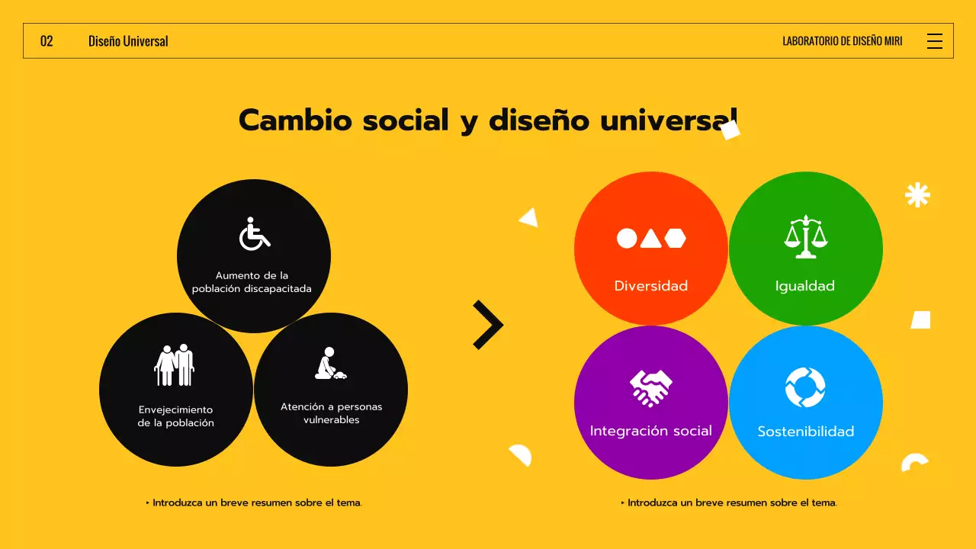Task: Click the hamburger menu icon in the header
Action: [934, 41]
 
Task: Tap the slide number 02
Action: [47, 41]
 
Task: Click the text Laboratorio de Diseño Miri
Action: [842, 41]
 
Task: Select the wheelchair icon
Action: [255, 234]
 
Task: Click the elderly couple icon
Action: [175, 365]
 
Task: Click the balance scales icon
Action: [806, 237]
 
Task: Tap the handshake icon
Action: [650, 387]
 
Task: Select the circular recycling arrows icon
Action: [805, 387]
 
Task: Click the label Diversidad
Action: [651, 286]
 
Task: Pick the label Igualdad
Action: [805, 286]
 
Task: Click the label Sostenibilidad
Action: [805, 432]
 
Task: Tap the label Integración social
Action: [650, 431]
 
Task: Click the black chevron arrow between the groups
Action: [488, 325]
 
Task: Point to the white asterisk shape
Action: [917, 195]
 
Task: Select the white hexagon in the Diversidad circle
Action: [675, 239]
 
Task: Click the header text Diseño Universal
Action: [128, 41]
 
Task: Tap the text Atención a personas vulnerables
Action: [331, 413]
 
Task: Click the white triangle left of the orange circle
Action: [529, 218]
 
